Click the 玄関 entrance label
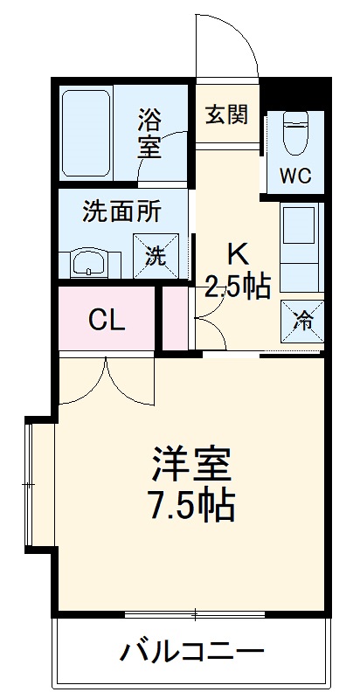[225, 115]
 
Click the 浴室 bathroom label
[149, 131]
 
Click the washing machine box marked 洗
[154, 256]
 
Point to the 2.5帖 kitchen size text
[237, 286]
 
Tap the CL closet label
[107, 321]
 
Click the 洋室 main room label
[191, 463]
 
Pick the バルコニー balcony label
[191, 651]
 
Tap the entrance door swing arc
[229, 48]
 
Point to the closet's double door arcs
[106, 380]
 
